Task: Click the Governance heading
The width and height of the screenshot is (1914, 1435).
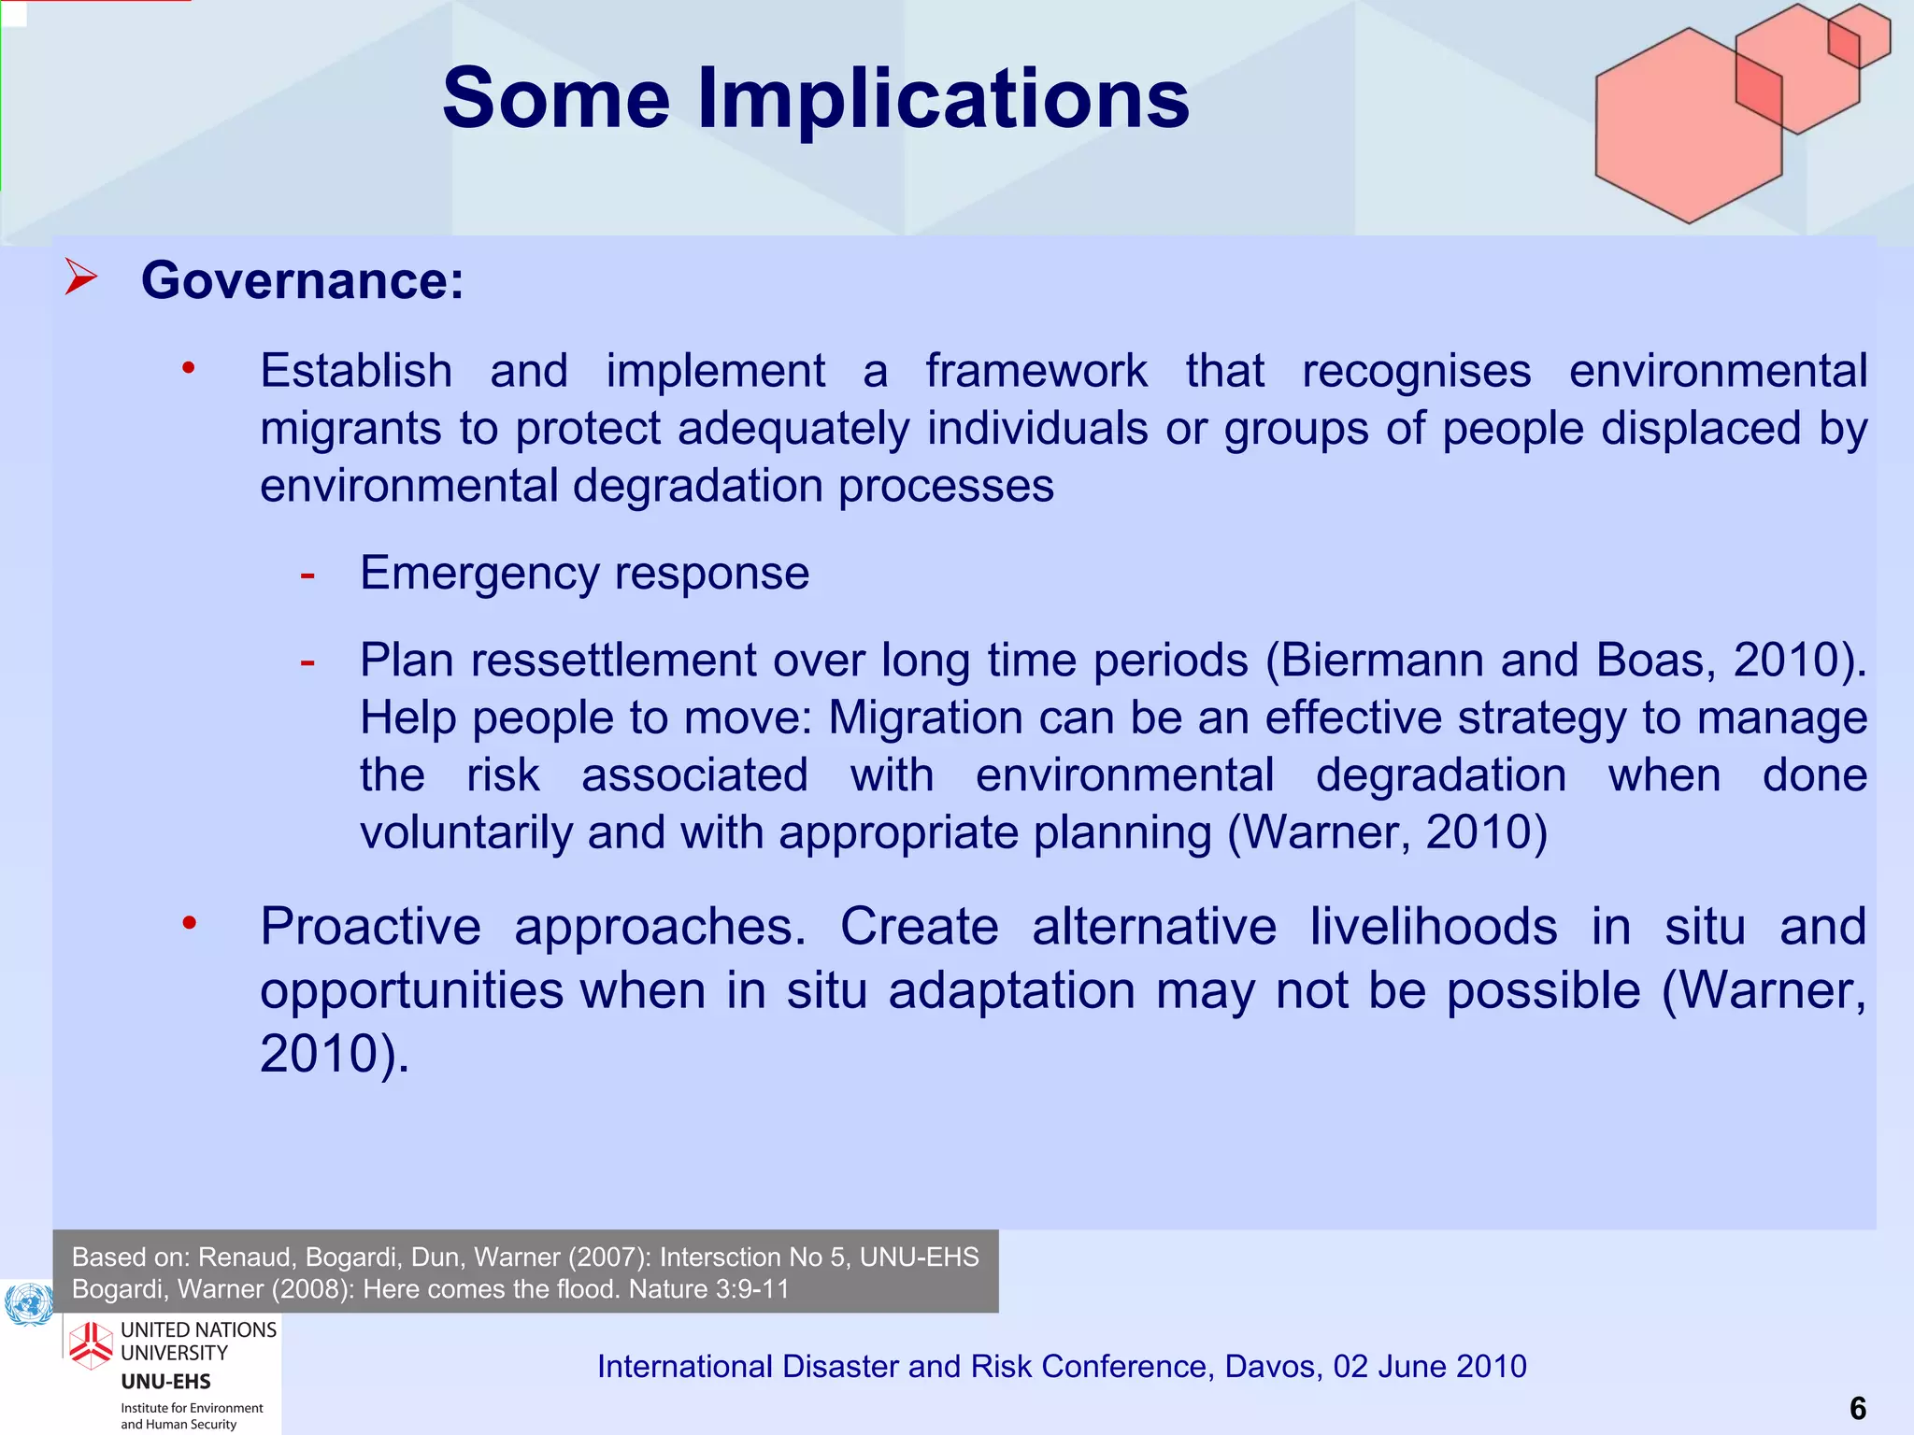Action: (x=302, y=280)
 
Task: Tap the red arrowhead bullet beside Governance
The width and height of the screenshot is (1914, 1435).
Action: (x=82, y=278)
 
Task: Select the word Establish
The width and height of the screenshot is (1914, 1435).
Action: (x=356, y=371)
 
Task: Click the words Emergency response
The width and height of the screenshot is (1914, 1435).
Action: (x=584, y=573)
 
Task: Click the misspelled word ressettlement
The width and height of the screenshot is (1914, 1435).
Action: (x=613, y=661)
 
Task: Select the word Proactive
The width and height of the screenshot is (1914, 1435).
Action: (x=370, y=927)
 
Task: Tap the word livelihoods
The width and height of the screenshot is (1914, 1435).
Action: (x=1433, y=927)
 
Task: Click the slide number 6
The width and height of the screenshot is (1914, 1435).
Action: (x=1858, y=1408)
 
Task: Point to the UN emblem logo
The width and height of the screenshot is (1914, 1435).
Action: (x=29, y=1304)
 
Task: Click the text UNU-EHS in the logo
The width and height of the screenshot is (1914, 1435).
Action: (x=165, y=1382)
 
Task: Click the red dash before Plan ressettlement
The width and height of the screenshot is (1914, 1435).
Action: (x=307, y=662)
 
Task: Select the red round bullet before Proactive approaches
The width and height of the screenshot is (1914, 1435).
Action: (x=190, y=924)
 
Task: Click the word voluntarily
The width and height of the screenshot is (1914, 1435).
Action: (x=466, y=832)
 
